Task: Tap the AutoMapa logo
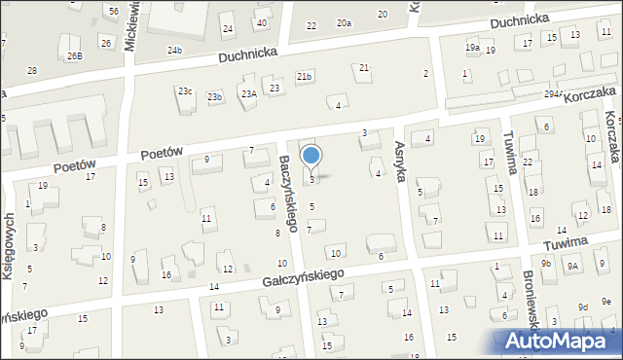[560, 342]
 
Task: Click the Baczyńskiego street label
[288, 196]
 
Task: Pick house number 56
[114, 11]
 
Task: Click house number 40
[261, 22]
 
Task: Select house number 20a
[344, 22]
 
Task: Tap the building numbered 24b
[174, 50]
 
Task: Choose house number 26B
[74, 55]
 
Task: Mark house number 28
[32, 71]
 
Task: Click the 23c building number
[184, 91]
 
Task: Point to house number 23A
[249, 93]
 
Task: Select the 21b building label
[305, 76]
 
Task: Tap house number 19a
[472, 47]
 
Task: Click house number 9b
[546, 263]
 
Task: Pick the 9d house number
[582, 307]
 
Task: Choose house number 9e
[606, 301]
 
